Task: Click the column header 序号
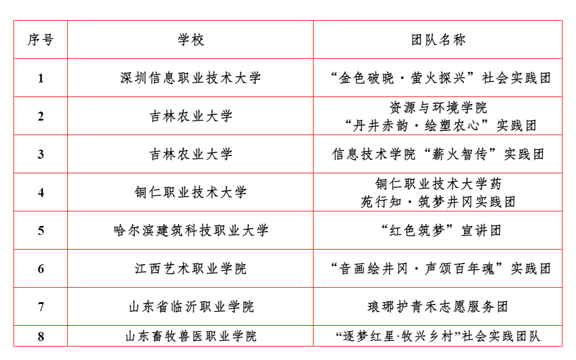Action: [x=41, y=40]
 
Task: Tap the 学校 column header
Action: [x=191, y=40]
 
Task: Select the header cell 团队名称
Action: [x=438, y=40]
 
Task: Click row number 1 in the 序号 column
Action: [x=41, y=79]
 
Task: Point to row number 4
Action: [x=41, y=192]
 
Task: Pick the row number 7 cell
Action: [x=41, y=307]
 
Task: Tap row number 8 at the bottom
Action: [x=41, y=336]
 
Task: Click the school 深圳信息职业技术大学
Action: [x=191, y=78]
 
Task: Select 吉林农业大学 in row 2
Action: [x=191, y=116]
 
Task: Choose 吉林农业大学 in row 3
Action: [x=191, y=154]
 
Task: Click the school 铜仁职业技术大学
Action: [x=191, y=192]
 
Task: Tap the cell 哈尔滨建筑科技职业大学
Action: [x=191, y=230]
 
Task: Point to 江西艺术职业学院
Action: [x=191, y=269]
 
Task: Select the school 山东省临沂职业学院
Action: [x=191, y=307]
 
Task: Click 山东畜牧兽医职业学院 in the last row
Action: [x=191, y=336]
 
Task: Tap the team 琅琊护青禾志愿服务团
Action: [x=438, y=307]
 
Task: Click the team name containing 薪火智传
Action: [x=438, y=154]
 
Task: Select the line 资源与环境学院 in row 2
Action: [x=438, y=108]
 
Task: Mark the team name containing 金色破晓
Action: [x=440, y=78]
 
